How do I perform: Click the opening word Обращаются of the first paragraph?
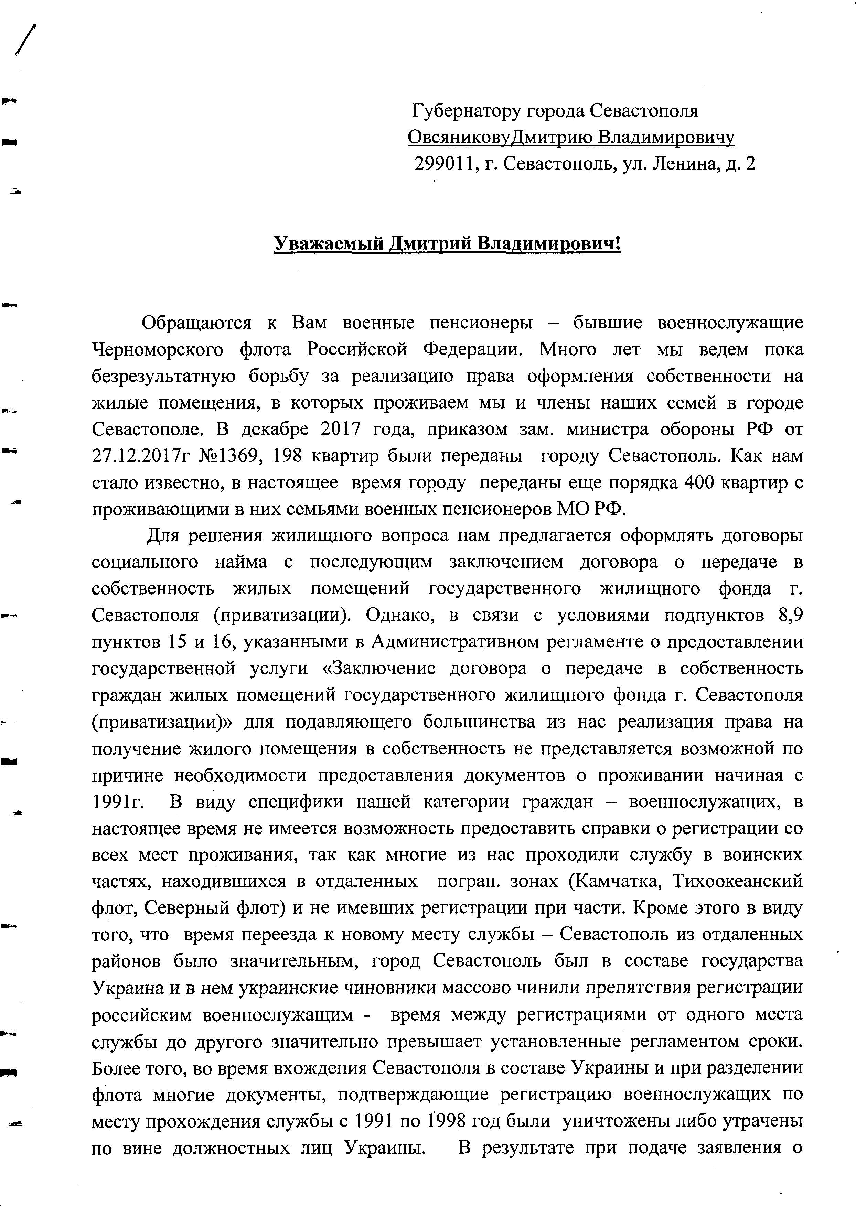[x=196, y=323]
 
